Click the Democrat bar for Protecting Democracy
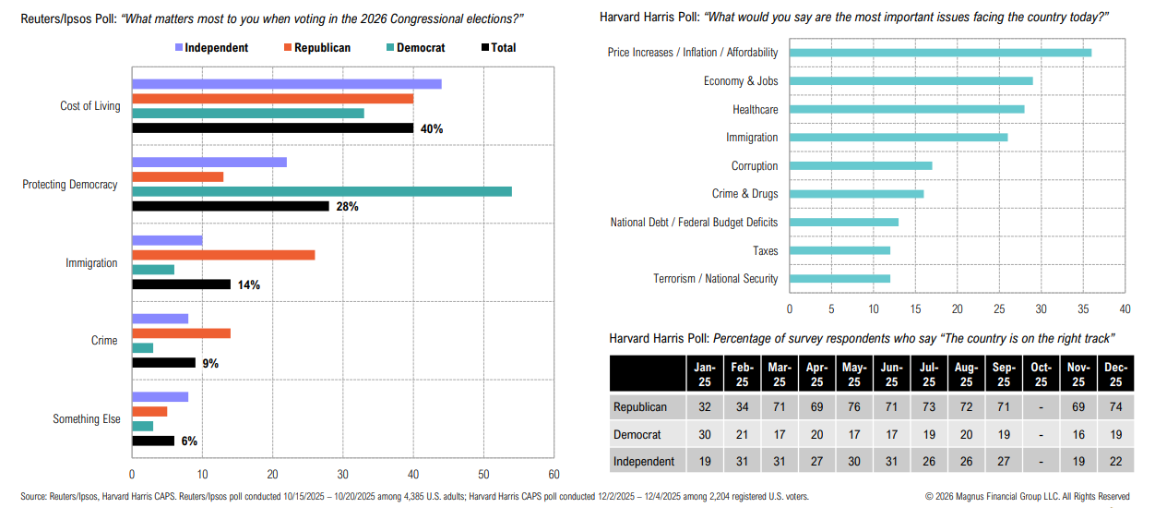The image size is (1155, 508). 322,191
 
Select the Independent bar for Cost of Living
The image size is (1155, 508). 287,84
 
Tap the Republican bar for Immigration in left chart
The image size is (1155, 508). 223,255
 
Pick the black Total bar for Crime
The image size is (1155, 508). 164,363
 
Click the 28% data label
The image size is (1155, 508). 347,207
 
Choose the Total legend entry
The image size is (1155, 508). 498,48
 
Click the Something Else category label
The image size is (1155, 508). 87,419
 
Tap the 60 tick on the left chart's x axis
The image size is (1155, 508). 553,474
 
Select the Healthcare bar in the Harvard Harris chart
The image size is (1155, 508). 907,109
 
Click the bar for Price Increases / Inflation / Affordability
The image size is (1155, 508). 940,53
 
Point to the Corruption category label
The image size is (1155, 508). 754,166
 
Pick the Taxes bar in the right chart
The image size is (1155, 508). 839,250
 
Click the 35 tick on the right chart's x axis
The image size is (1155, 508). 1083,308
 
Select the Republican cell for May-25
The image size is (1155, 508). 854,406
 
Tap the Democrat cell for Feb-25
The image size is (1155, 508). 742,434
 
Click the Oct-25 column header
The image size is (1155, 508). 1041,374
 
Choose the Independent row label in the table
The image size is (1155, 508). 644,461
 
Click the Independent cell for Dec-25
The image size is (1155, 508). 1115,461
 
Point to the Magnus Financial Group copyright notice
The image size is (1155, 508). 1027,497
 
